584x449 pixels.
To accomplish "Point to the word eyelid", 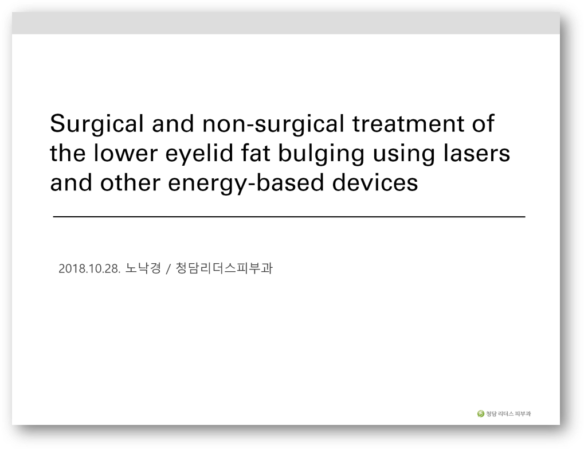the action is coord(199,154).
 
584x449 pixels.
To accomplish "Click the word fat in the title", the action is coord(256,153).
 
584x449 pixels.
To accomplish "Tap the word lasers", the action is coord(476,153).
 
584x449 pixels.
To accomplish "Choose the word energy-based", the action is coord(246,184).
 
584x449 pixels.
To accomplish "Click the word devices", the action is coord(375,183).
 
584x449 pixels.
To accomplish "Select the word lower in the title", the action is coord(126,153).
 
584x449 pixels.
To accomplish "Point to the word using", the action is coord(403,154).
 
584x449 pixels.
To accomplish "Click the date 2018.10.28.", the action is coord(89,269).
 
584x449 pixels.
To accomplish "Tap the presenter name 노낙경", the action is coord(143,268).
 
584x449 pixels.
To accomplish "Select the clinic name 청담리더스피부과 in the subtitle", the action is coord(224,268).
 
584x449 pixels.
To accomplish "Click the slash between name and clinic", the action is coord(168,269).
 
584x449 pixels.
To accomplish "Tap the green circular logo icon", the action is coord(480,413).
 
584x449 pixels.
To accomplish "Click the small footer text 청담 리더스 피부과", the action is coord(508,413).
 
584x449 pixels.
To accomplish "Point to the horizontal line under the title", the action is coord(289,217).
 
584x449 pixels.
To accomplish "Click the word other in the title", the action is coord(130,183).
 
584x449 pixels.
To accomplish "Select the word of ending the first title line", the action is coord(483,124).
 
